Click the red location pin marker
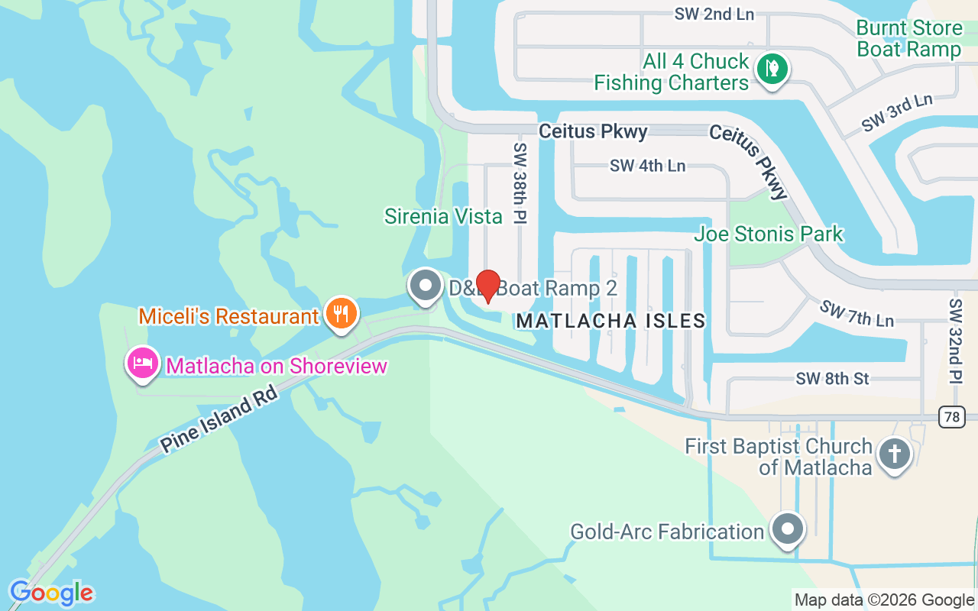[487, 286]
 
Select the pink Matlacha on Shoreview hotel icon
[142, 364]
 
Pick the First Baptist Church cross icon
[894, 454]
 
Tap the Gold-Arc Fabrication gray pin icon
[788, 529]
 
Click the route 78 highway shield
[953, 417]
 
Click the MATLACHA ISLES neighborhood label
[610, 321]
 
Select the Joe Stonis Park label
[768, 234]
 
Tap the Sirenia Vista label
[443, 216]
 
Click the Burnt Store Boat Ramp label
[908, 39]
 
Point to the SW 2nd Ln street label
[714, 14]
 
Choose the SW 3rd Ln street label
[897, 112]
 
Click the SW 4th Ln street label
[647, 166]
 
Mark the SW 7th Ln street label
[857, 312]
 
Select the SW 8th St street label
[832, 378]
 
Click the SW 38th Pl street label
[520, 183]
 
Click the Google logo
[51, 593]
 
